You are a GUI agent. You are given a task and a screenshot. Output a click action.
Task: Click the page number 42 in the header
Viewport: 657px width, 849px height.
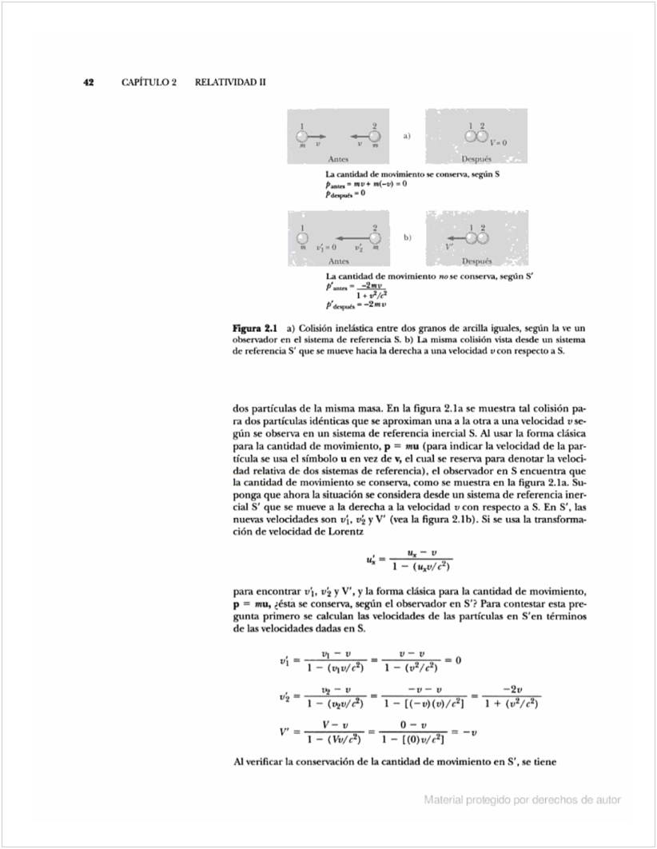click(90, 82)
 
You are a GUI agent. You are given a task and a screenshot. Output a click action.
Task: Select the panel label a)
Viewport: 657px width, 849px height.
click(407, 136)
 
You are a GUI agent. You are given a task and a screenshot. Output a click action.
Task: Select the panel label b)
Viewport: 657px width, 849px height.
click(407, 237)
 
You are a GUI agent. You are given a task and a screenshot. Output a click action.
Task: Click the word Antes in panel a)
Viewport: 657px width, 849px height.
click(338, 159)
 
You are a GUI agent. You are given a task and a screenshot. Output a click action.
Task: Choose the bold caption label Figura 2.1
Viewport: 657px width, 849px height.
click(253, 329)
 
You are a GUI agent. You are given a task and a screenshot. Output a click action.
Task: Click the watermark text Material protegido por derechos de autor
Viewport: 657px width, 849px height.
click(522, 799)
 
